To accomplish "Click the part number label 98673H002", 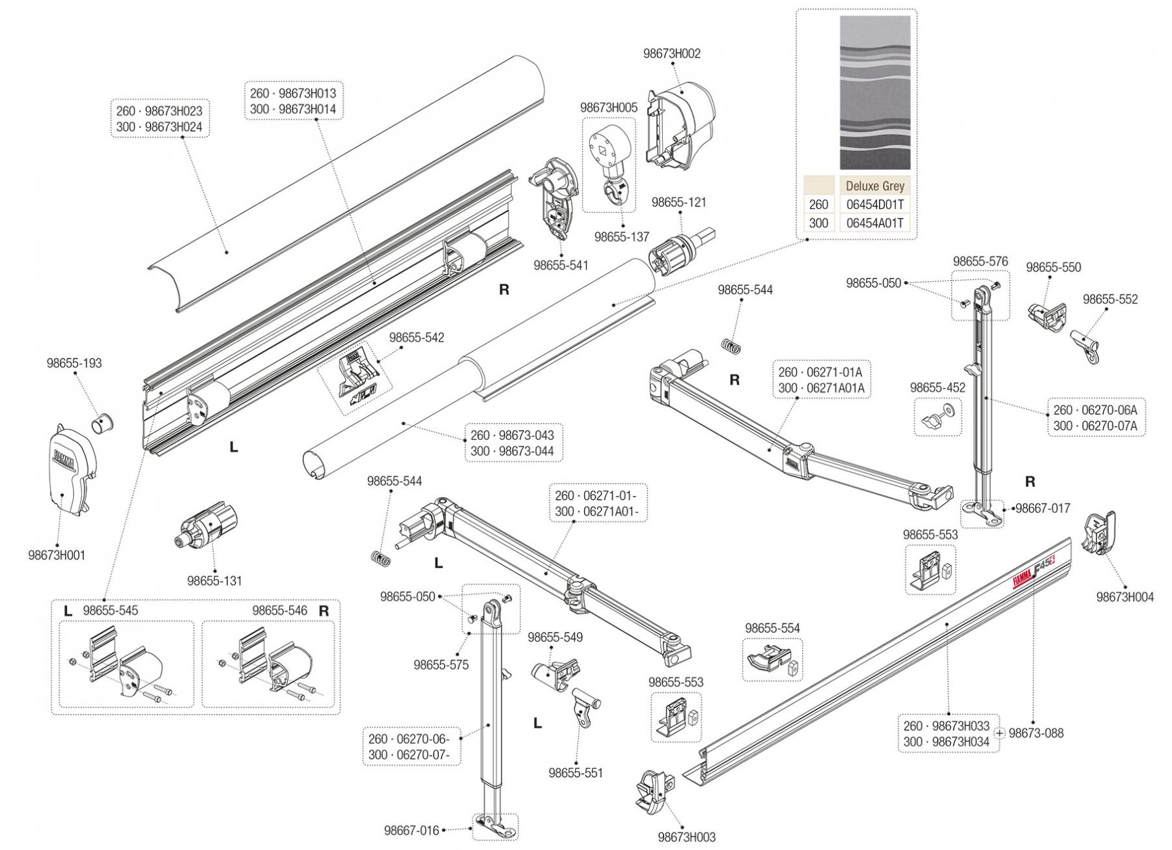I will point(671,54).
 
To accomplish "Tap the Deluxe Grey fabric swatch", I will point(874,92).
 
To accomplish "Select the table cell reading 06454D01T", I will point(874,204).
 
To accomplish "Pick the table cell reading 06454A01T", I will point(874,223).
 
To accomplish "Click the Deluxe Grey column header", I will point(874,186).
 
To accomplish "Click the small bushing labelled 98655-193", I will point(102,422).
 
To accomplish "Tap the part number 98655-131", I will point(214,581).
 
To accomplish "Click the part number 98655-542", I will point(417,338).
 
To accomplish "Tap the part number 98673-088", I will point(1036,733).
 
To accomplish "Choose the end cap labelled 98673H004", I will point(1098,534).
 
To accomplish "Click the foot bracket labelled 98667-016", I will point(494,827).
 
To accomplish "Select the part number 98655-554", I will point(772,629).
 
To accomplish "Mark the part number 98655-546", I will point(279,610).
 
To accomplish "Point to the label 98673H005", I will point(609,108).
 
